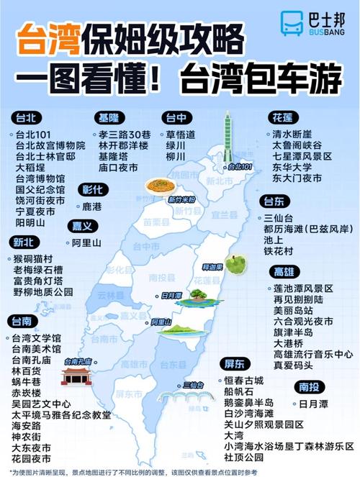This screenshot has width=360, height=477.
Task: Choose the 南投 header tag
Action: pos(308,387)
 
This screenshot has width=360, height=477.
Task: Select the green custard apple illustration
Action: pos(235,263)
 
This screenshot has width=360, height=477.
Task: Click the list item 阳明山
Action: pos(32,223)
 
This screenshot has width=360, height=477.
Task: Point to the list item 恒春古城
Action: pos(244,381)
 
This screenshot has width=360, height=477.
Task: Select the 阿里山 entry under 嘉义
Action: pos(86,242)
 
